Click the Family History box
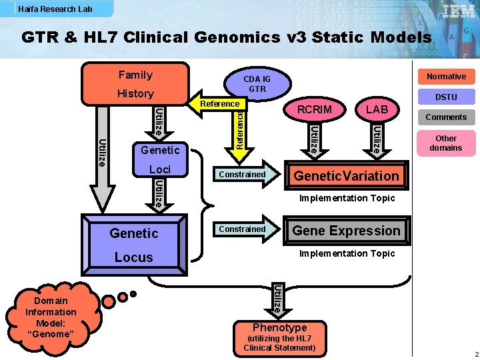click(135, 84)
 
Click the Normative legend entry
click(446, 77)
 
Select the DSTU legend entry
click(446, 97)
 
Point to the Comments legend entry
click(446, 117)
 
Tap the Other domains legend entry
click(446, 143)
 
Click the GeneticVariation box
click(346, 176)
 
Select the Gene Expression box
click(346, 231)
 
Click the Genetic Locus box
click(134, 245)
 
